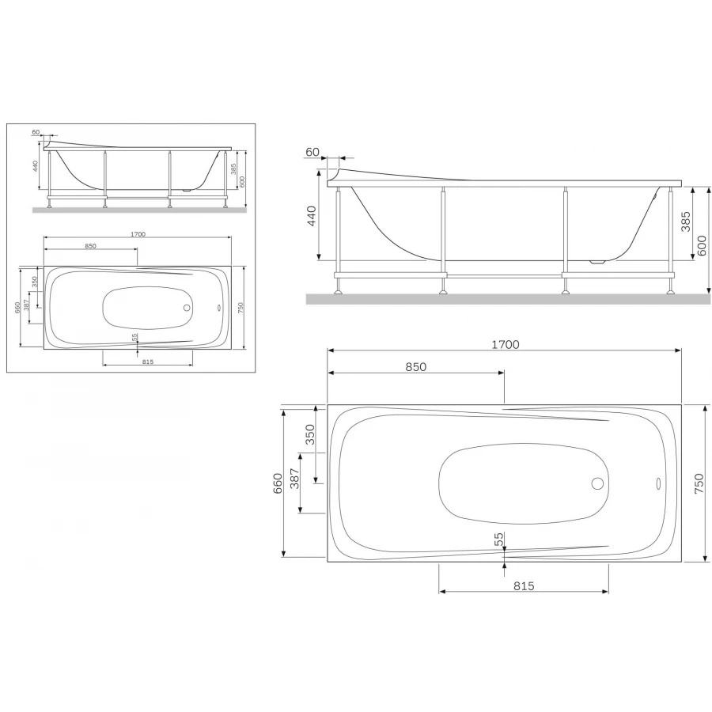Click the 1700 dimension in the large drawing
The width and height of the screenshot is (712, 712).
click(x=506, y=345)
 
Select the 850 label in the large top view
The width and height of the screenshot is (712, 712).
click(x=416, y=367)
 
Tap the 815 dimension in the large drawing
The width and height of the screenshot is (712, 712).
click(x=524, y=586)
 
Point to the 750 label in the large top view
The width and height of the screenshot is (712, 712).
click(x=699, y=483)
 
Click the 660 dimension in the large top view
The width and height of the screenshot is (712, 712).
click(x=278, y=483)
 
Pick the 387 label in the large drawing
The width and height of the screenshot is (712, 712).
click(x=295, y=478)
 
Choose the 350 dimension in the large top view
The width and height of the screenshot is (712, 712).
click(x=309, y=434)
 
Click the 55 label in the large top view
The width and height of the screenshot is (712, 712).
click(x=499, y=539)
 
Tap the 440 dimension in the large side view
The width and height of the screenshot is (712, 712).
click(x=311, y=217)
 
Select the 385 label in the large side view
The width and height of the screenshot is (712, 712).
click(x=686, y=222)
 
